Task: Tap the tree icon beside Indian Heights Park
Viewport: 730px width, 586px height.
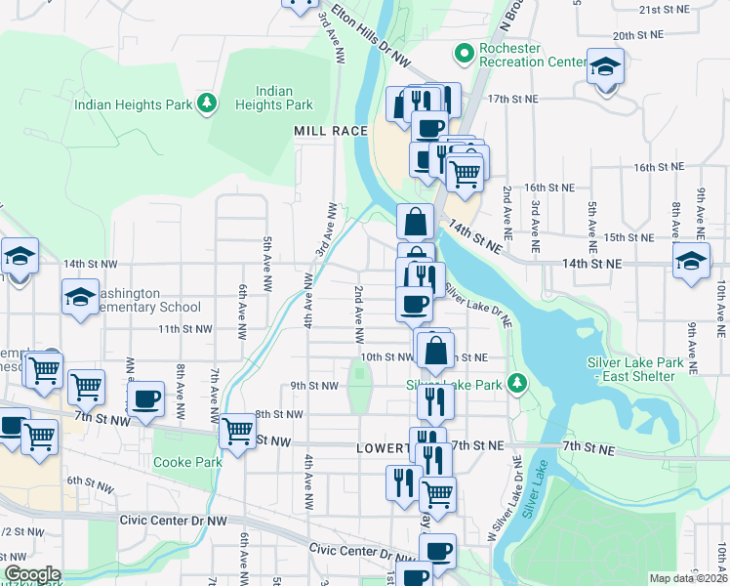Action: [x=206, y=104]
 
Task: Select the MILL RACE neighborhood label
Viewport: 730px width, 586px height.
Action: [x=331, y=130]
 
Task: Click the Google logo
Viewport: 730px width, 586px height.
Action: [x=32, y=574]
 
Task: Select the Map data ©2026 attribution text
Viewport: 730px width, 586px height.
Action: [x=687, y=578]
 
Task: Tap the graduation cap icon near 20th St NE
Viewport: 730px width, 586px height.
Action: [x=605, y=68]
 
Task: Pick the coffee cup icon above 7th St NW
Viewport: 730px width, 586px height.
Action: [x=146, y=398]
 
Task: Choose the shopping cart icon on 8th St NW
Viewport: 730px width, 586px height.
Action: [x=237, y=430]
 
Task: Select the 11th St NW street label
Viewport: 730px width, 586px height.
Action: [x=185, y=329]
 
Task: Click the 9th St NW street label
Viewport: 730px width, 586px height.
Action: [x=314, y=386]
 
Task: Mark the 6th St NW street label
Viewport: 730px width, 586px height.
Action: [x=92, y=481]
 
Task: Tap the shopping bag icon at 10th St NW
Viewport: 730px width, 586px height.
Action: [x=436, y=349]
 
